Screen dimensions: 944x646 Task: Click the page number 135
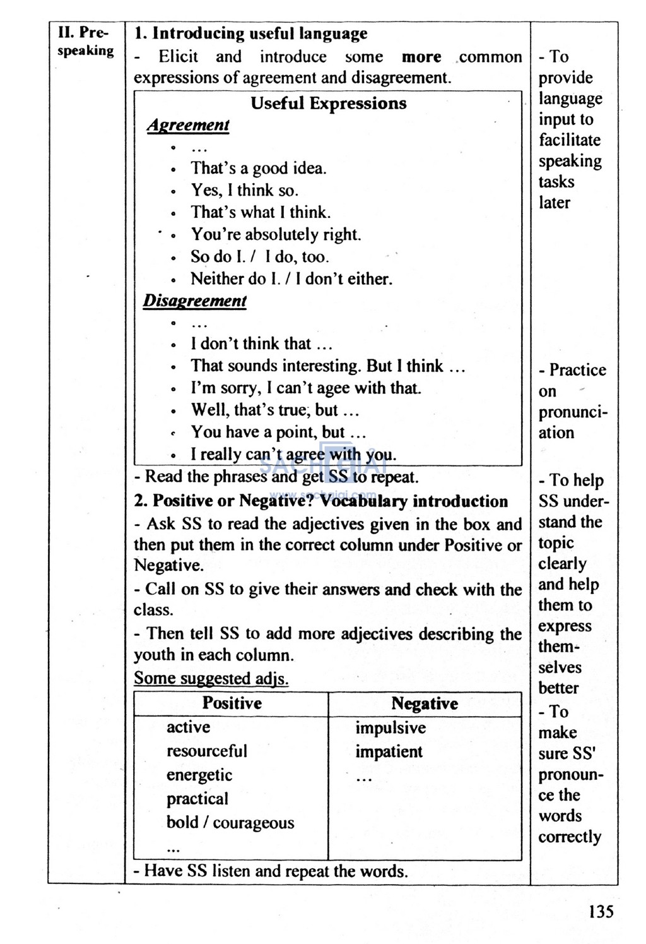click(x=601, y=911)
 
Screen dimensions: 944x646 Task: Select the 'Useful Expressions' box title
click(x=328, y=104)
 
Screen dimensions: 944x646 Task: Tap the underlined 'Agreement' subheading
click(x=188, y=125)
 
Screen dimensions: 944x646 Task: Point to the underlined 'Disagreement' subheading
click(x=194, y=301)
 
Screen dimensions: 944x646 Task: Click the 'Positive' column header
click(x=232, y=703)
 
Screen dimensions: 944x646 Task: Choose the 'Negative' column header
click(x=425, y=704)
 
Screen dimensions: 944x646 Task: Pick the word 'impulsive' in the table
click(x=390, y=728)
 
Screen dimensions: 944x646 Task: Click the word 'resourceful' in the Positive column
click(x=206, y=751)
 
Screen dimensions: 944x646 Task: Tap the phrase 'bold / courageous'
click(x=230, y=823)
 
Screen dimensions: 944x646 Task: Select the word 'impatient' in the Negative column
click(x=389, y=752)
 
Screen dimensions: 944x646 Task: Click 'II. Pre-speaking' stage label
click(x=85, y=42)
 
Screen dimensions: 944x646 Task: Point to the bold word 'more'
click(x=421, y=57)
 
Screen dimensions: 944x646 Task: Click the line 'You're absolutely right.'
click(x=276, y=235)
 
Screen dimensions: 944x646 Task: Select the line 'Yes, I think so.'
click(x=244, y=191)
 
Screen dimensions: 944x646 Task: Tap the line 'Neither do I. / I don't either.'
click(x=291, y=279)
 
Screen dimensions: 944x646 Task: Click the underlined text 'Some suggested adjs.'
click(x=211, y=679)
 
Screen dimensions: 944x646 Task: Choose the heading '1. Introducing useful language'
click(x=250, y=33)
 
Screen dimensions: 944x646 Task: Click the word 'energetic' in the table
click(x=199, y=775)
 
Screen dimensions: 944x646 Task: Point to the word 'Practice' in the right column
click(x=577, y=370)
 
